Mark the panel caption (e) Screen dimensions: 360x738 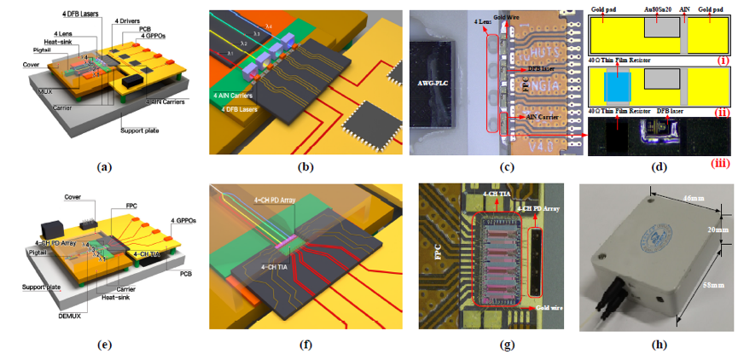tap(104, 345)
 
